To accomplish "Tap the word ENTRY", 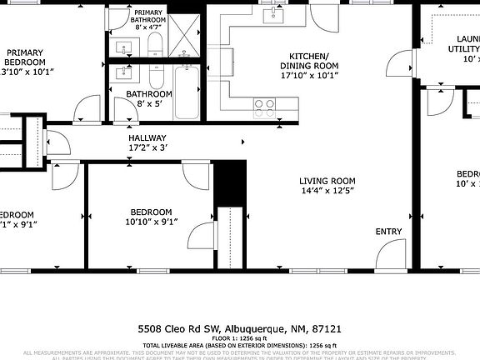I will tap(388, 232).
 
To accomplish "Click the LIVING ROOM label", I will tap(327, 181).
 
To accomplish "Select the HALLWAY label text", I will tap(147, 138).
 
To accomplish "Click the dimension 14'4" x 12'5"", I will tap(327, 192).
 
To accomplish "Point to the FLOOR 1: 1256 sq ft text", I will tap(240, 337).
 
